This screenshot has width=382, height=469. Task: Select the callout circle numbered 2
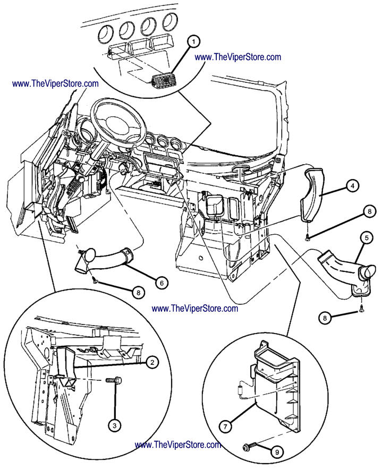(151, 363)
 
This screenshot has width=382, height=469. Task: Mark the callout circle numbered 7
(226, 425)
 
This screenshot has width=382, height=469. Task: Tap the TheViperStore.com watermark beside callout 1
(238, 57)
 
